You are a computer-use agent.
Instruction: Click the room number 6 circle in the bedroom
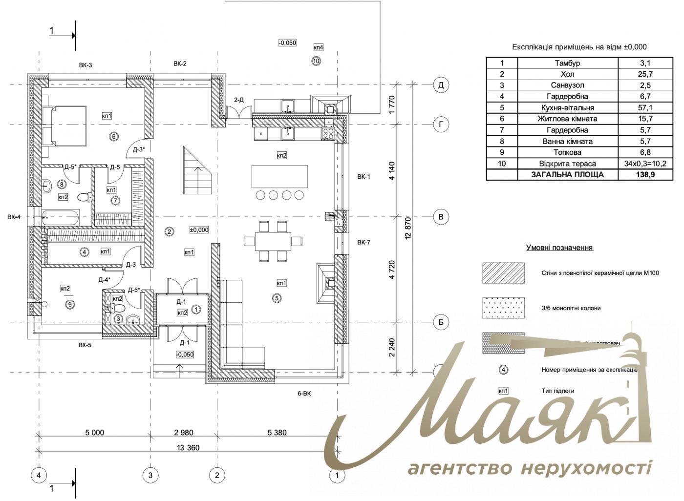(x=114, y=136)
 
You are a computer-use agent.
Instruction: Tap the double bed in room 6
(x=65, y=126)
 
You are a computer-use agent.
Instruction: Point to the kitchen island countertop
(x=279, y=176)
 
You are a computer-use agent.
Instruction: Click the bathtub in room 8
(x=61, y=218)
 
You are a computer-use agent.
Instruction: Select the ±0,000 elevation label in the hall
(x=199, y=230)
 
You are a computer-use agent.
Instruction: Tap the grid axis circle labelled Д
(x=441, y=85)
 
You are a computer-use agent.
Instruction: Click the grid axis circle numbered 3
(x=150, y=474)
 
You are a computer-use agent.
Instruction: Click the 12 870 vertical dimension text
(x=408, y=227)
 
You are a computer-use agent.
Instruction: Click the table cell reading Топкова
(x=567, y=152)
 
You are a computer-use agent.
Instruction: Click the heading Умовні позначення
(x=559, y=248)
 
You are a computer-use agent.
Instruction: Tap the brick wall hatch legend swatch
(x=503, y=272)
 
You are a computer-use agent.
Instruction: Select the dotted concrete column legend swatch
(x=503, y=308)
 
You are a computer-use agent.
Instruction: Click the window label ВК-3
(x=85, y=64)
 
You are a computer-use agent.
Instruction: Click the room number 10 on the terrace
(x=316, y=61)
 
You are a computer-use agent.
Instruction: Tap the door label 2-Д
(x=238, y=100)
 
